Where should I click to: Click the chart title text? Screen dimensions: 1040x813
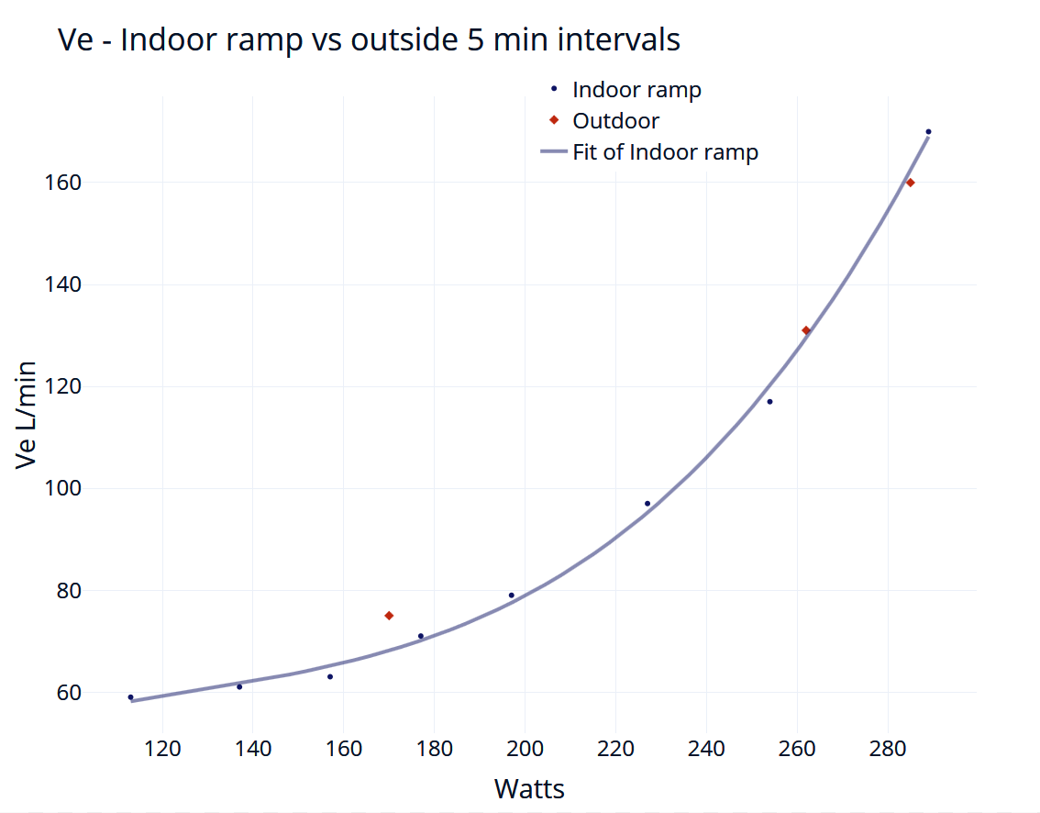pos(369,39)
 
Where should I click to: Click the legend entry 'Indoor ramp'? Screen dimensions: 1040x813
pos(625,90)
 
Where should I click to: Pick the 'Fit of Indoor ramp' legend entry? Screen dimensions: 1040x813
pos(649,152)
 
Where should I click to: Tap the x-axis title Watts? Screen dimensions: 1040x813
pos(529,789)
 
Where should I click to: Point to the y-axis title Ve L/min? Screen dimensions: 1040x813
pos(26,416)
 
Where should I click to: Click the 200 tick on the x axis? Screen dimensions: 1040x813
pos(525,749)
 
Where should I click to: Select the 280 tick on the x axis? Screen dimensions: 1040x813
pos(888,749)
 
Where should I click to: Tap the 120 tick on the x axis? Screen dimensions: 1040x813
pos(162,749)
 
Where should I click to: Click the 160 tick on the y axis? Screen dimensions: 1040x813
pos(62,183)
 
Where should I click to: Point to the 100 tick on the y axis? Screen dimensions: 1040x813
pos(62,488)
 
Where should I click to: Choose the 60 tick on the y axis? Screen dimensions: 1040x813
pos(69,693)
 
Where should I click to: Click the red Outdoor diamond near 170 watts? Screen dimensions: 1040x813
pos(390,616)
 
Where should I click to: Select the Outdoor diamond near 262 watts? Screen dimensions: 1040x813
pos(806,330)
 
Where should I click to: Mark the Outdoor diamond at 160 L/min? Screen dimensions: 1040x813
pos(910,183)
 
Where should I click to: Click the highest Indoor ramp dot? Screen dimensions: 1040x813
pos(928,132)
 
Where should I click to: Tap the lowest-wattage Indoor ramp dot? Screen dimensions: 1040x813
pos(130,697)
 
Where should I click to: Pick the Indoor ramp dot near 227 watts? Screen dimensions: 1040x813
pos(647,504)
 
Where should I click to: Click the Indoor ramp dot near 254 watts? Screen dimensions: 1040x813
pos(770,402)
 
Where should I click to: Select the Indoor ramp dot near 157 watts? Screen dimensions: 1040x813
pos(330,677)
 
